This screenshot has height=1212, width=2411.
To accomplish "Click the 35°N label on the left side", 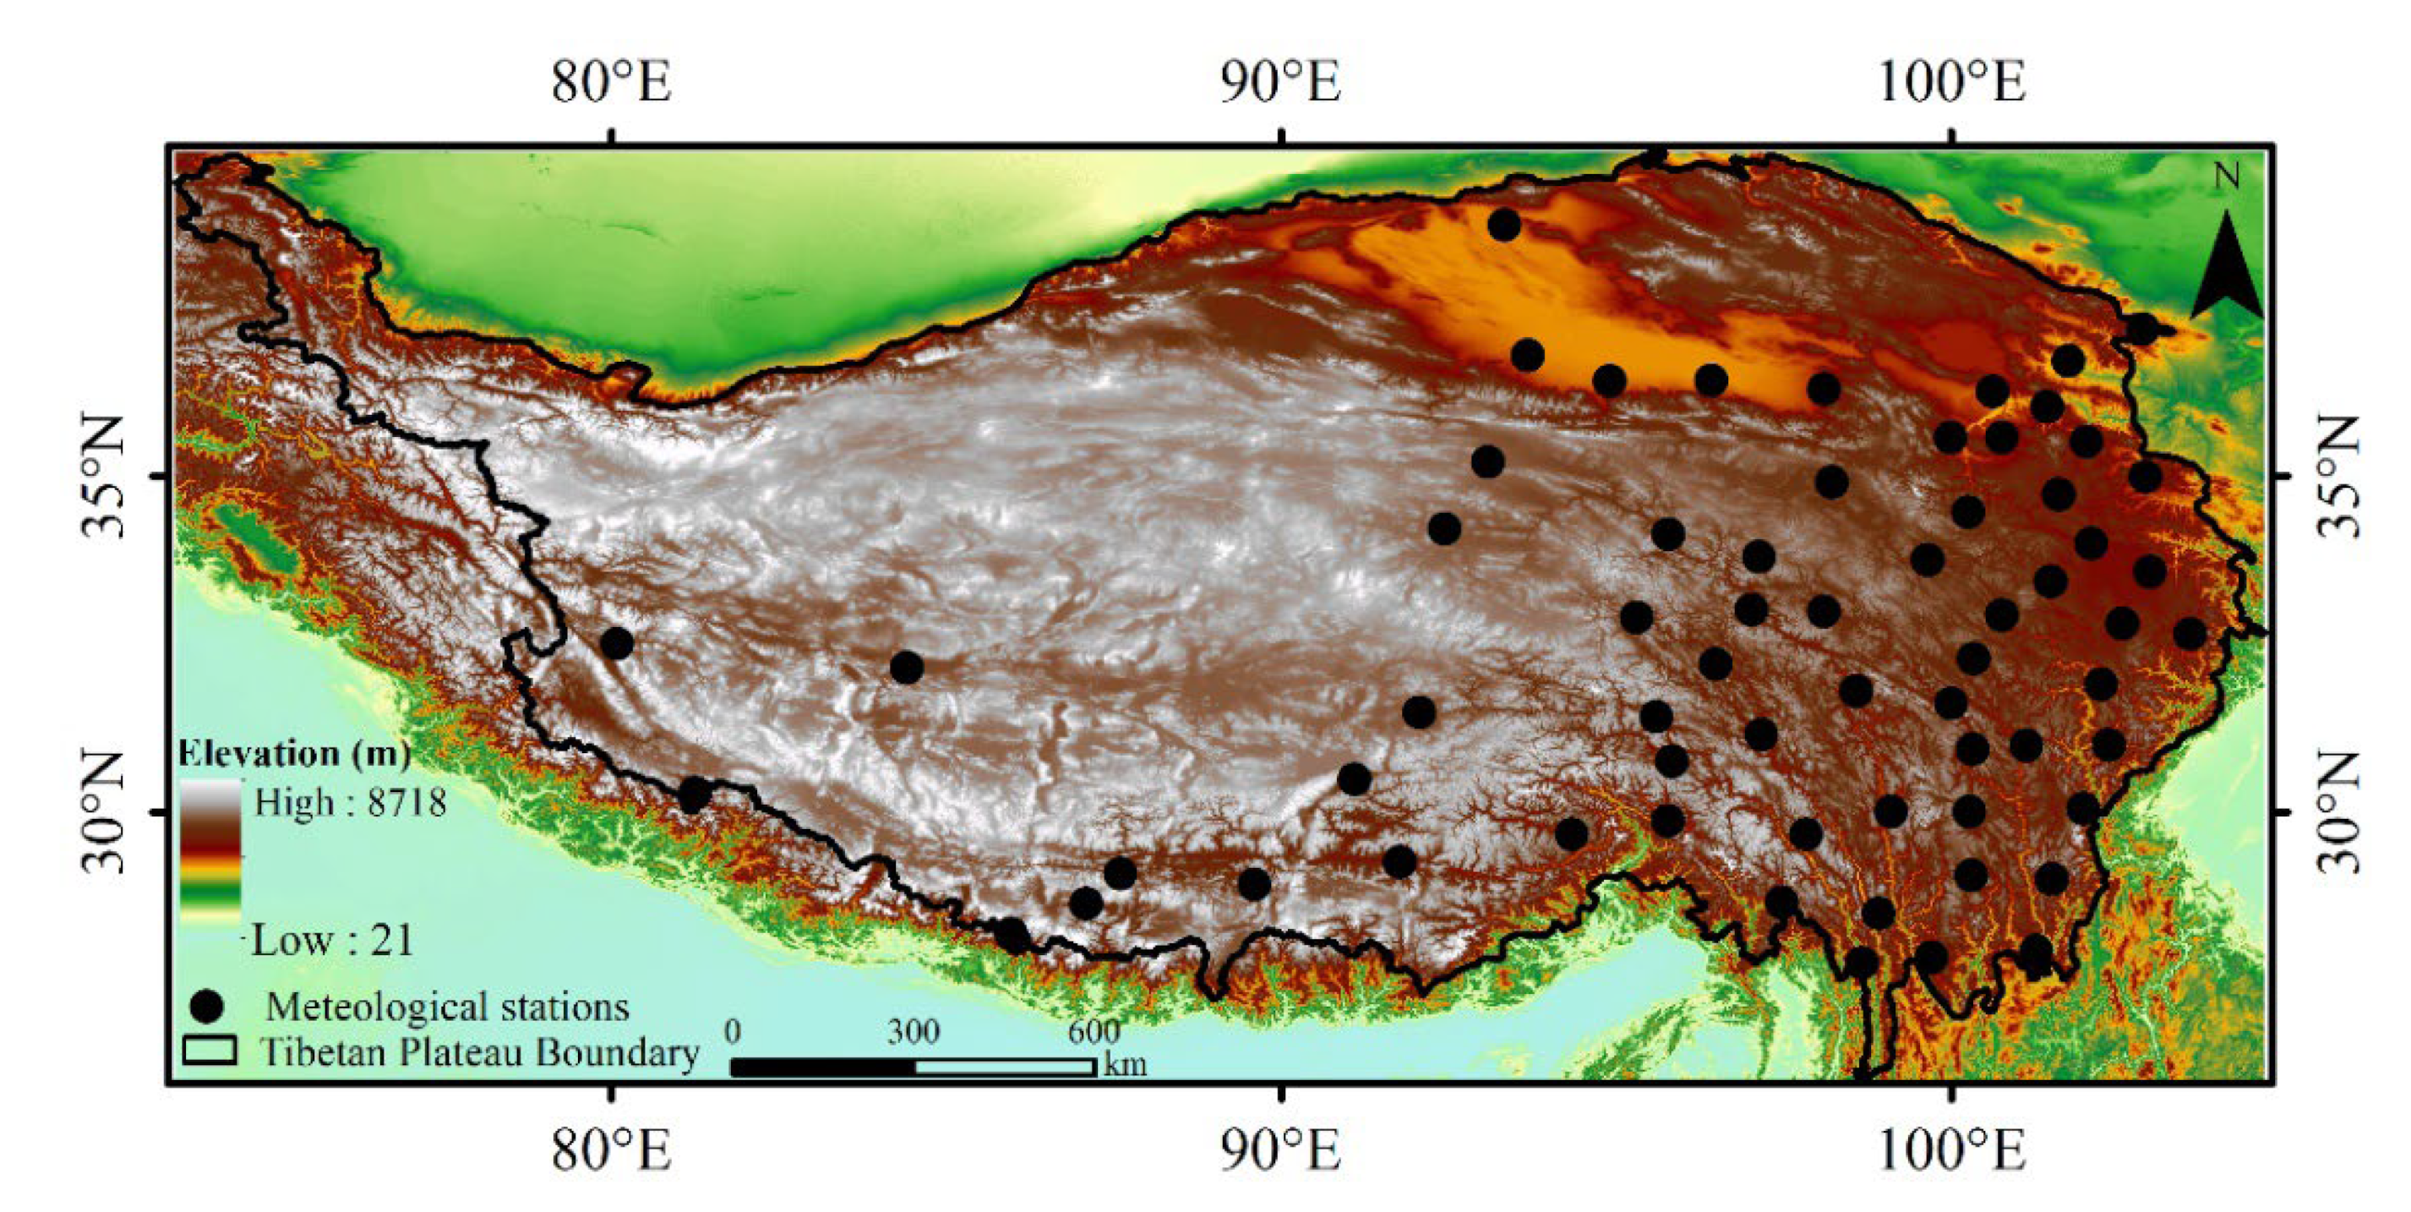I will tap(101, 477).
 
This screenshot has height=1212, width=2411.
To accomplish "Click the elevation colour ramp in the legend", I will tap(210, 852).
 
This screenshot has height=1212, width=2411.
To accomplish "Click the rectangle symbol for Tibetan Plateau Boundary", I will tap(210, 1050).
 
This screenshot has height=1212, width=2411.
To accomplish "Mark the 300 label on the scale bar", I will tap(913, 1031).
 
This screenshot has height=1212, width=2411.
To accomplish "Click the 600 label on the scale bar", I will tap(1094, 1031).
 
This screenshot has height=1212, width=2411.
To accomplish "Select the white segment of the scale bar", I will tap(1004, 1067).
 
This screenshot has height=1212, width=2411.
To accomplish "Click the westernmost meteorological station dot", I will tap(617, 643).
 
